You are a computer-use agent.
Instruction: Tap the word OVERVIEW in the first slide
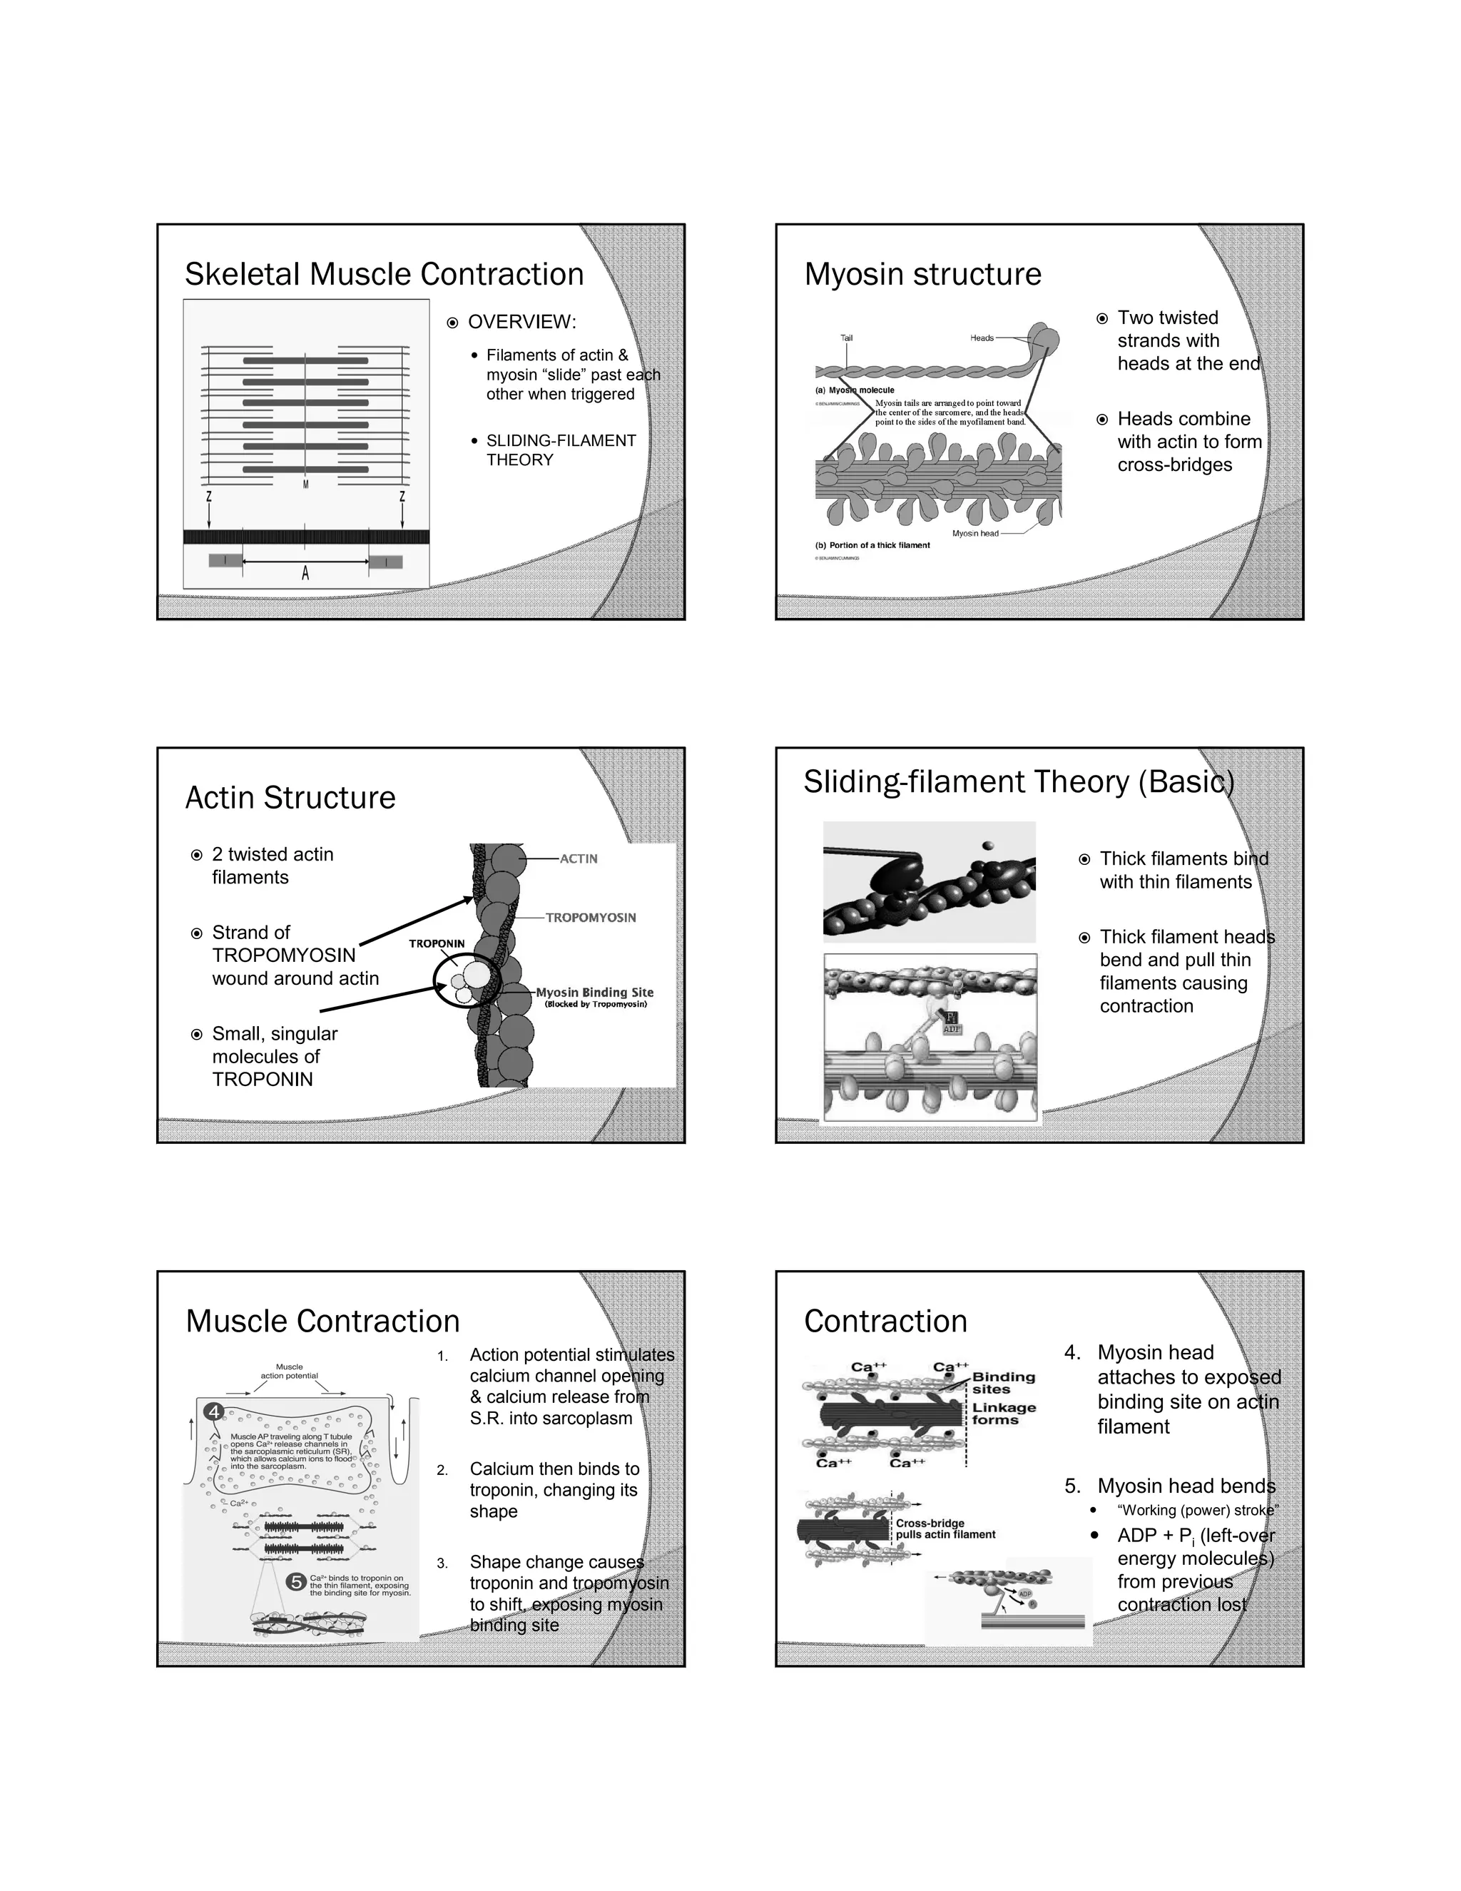[522, 322]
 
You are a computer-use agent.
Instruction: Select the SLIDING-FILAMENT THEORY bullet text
[560, 450]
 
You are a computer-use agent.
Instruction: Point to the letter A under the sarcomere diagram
[305, 572]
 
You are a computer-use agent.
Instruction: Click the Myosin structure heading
[922, 275]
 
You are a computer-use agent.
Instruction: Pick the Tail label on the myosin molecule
[847, 338]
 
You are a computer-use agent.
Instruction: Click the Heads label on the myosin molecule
[982, 338]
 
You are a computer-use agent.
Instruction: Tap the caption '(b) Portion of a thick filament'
[872, 545]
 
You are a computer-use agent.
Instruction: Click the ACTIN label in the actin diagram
[578, 859]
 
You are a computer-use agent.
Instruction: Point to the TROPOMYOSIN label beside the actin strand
[590, 918]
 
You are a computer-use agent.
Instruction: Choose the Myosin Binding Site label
[595, 993]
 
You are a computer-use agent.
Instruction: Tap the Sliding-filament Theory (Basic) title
[1018, 782]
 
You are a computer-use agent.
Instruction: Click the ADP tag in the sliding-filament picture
[951, 1030]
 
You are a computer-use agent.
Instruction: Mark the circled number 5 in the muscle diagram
[296, 1582]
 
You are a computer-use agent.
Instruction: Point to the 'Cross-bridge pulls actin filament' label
[945, 1529]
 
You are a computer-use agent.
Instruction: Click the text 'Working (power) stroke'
[1198, 1510]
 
